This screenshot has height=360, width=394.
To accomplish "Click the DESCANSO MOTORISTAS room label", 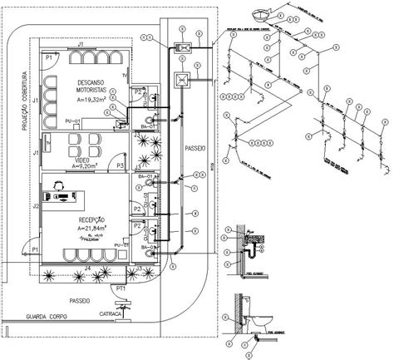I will pos(91,86).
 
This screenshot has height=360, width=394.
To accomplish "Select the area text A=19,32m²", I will pos(91,99).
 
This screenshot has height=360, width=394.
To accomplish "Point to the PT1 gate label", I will pos(121,288).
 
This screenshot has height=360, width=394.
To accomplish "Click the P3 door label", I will pos(121,166).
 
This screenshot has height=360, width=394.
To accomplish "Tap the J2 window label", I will pos(36,205).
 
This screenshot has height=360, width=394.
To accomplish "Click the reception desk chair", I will pos(61,185).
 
